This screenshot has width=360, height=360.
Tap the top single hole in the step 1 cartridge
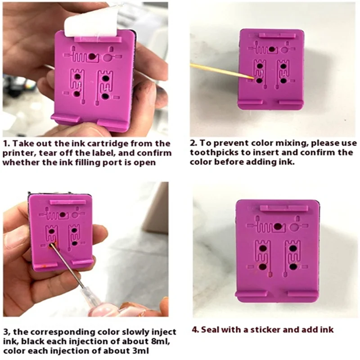point(92,56)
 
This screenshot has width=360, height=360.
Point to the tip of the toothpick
point(254,78)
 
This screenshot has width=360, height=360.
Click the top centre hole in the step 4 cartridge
point(278,227)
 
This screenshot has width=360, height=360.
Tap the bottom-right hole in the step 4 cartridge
point(293,266)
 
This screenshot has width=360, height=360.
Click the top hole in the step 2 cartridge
point(272,49)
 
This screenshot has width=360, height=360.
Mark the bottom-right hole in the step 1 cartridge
point(105,96)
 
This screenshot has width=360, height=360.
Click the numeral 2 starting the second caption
point(193,143)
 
